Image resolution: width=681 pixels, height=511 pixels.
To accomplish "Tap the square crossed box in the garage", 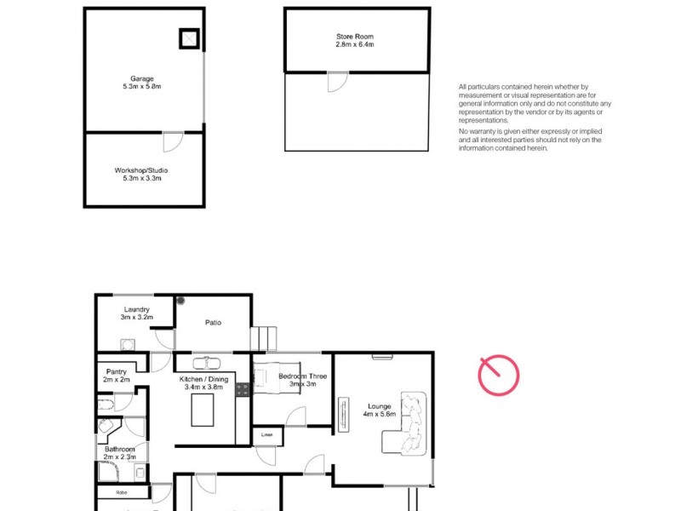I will point(188,37).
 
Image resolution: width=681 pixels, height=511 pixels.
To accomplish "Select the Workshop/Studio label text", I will point(142,170).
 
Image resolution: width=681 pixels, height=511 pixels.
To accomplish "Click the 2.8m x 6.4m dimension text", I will point(354,44).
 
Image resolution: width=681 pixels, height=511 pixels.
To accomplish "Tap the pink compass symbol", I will point(498,375).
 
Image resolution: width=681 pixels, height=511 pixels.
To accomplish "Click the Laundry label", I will point(137,309).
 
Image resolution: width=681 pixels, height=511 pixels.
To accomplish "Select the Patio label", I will point(213,323).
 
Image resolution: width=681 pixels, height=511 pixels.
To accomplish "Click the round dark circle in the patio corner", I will point(181,300).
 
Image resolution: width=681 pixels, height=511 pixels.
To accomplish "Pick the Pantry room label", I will point(117,371).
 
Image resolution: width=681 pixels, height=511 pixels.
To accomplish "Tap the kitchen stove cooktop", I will point(242,389).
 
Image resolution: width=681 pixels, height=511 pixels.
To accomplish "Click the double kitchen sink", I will point(206,360).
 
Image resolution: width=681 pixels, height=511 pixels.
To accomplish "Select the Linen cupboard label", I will point(266,435).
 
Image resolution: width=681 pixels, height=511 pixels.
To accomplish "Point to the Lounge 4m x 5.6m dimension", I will point(380,415).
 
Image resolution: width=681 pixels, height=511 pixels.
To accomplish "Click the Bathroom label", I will point(120,449).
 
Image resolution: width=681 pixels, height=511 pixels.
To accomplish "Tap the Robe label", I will point(111,492).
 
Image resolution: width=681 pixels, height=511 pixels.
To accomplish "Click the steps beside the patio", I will point(264,338).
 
